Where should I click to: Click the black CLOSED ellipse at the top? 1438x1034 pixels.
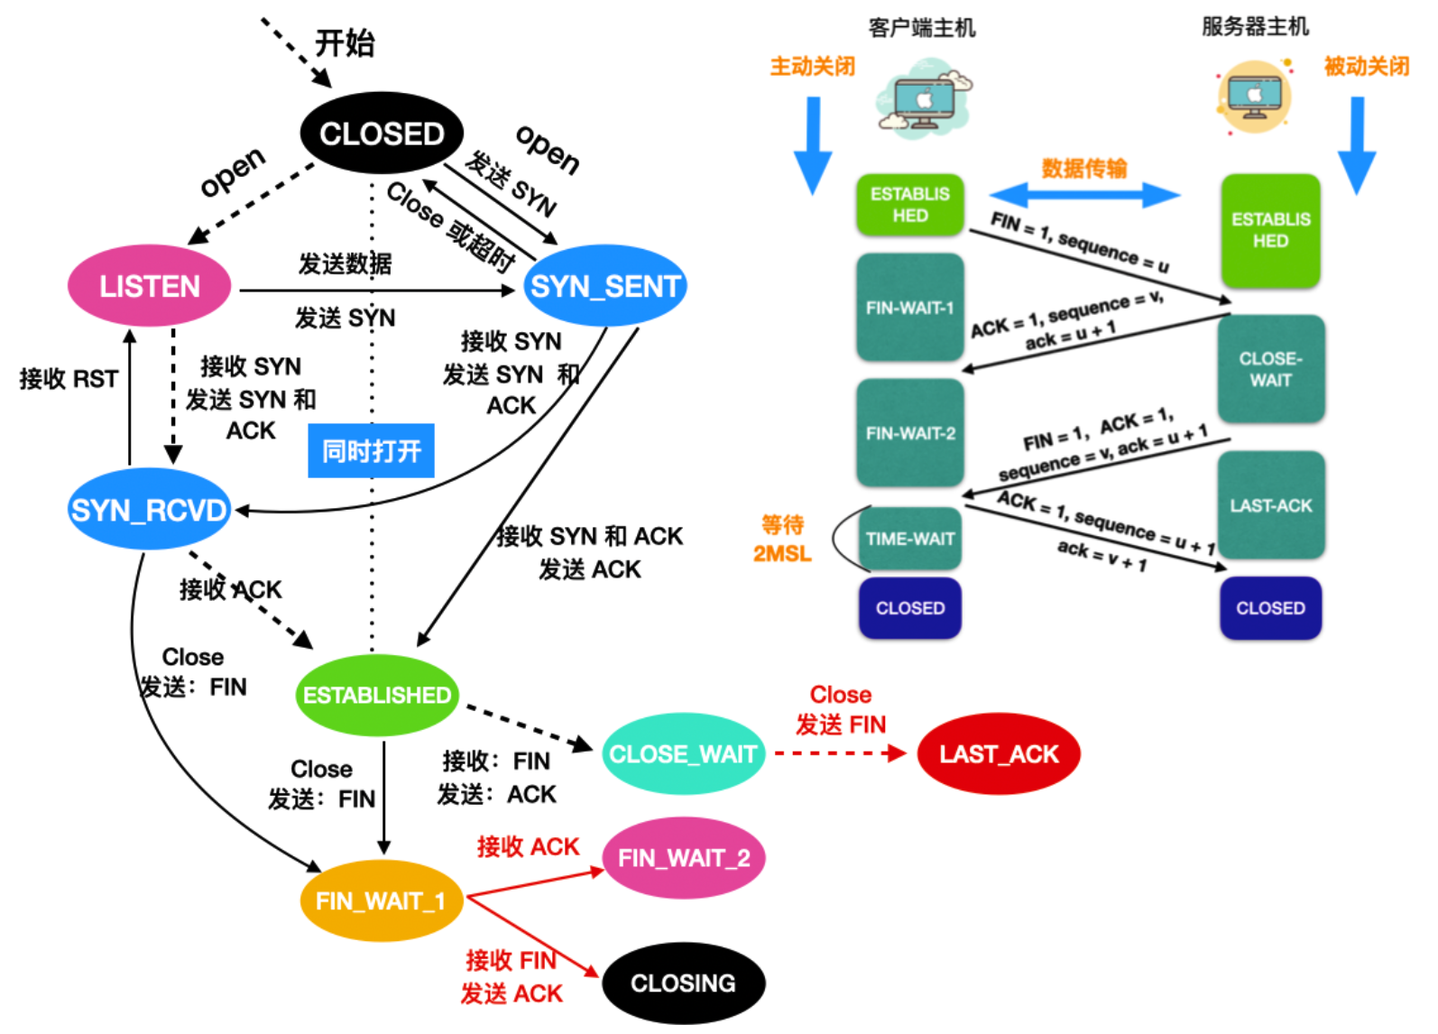382,133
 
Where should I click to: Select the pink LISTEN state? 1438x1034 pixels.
150,286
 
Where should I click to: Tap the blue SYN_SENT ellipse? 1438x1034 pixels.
604,286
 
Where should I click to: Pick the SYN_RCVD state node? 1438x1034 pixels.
149,509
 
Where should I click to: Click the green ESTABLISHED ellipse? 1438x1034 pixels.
377,695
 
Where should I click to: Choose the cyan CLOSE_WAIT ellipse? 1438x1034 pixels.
684,753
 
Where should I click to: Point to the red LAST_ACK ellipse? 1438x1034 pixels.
999,753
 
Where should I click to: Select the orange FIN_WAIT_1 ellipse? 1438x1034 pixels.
382,900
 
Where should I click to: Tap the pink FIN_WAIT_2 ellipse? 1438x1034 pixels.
684,857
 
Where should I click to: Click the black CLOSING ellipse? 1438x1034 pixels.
684,983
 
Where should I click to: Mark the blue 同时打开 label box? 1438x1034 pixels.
371,451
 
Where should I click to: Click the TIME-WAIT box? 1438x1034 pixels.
909,538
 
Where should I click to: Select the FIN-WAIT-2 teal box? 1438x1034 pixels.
910,433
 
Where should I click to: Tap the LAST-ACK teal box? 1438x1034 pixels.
1271,505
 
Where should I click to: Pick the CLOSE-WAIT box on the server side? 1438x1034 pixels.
1271,369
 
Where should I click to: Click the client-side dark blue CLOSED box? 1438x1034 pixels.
910,607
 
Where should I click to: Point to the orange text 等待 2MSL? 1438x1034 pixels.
782,539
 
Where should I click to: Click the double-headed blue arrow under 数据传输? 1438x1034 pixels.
1085,195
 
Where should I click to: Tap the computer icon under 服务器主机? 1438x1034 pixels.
1254,97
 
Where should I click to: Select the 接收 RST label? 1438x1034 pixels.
69,379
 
